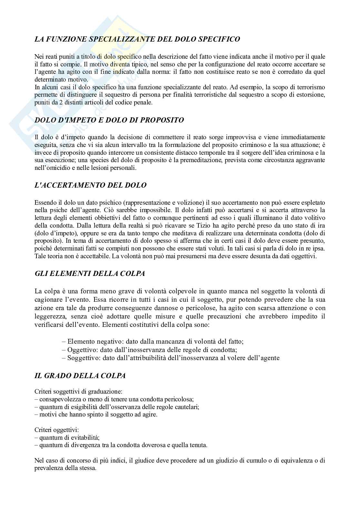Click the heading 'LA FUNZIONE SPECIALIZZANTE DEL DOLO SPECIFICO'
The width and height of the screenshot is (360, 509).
(137, 39)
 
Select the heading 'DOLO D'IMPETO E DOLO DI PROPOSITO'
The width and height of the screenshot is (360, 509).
(109, 120)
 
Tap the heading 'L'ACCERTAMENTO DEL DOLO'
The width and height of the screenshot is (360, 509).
(90, 185)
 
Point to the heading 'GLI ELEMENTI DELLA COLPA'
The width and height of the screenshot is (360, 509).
(90, 274)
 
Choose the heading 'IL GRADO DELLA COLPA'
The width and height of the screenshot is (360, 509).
(80, 376)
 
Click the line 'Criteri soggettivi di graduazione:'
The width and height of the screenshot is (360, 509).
(78, 392)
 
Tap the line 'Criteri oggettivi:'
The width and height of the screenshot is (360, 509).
(57, 430)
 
